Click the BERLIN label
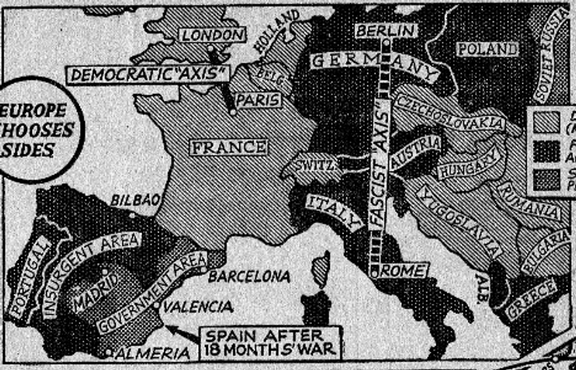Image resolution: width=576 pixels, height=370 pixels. (x=386, y=31)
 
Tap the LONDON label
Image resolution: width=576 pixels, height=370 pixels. (x=212, y=35)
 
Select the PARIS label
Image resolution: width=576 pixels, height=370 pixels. (x=259, y=100)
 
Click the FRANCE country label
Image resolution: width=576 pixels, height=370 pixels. (x=228, y=147)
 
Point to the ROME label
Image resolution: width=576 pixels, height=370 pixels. (x=404, y=271)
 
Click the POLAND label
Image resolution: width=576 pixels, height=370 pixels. (x=487, y=49)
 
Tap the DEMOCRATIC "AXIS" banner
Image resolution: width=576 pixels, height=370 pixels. (x=148, y=74)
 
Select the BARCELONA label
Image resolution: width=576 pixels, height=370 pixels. (x=249, y=275)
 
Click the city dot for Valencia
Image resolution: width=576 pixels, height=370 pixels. (x=156, y=305)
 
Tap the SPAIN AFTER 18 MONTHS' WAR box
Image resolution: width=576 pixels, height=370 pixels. (x=270, y=342)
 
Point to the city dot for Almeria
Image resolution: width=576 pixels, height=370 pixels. (x=108, y=352)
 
